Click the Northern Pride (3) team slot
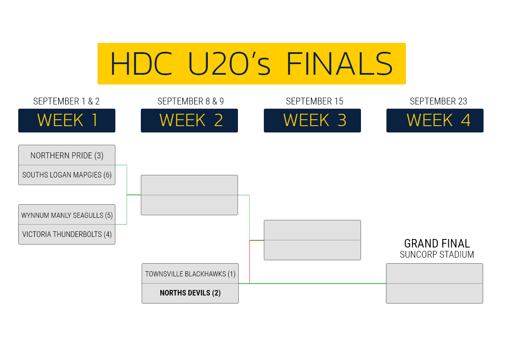pyautogui.click(x=67, y=155)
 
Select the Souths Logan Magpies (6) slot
pyautogui.click(x=67, y=175)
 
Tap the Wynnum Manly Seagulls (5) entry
pyautogui.click(x=67, y=215)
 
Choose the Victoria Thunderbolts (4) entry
pyautogui.click(x=67, y=234)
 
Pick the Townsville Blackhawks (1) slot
pyautogui.click(x=190, y=274)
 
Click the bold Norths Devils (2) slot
pyautogui.click(x=190, y=293)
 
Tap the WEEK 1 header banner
pyautogui.click(x=67, y=121)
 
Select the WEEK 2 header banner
pyautogui.click(x=189, y=121)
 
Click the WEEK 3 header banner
pyautogui.click(x=312, y=121)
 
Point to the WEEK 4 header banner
pyautogui.click(x=435, y=121)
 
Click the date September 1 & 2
pyautogui.click(x=67, y=101)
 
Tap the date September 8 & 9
pyautogui.click(x=190, y=101)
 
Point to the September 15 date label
pyautogui.click(x=314, y=101)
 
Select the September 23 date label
pyautogui.click(x=438, y=101)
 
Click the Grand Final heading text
pyautogui.click(x=437, y=244)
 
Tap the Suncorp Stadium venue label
pyautogui.click(x=437, y=255)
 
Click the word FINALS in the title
pyautogui.click(x=339, y=64)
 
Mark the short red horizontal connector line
pyautogui.click(x=257, y=240)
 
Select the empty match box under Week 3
pyautogui.click(x=312, y=240)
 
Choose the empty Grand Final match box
pyautogui.click(x=434, y=283)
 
